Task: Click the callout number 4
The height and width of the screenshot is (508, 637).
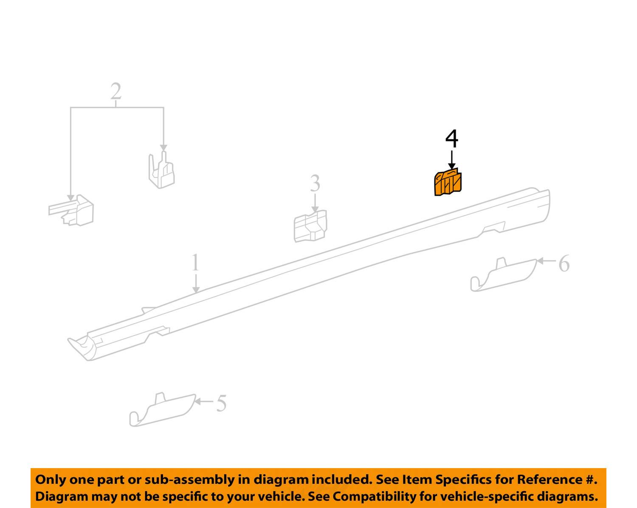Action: coord(452,138)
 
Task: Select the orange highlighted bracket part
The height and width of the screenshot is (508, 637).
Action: coord(448,183)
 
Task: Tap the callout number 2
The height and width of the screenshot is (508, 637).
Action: coord(116,91)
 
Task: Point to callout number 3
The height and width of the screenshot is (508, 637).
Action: coord(315,183)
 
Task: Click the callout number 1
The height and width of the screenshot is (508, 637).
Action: coord(195,262)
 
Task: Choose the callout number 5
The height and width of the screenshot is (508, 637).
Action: coord(221,403)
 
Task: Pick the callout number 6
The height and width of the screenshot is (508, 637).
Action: coord(564,264)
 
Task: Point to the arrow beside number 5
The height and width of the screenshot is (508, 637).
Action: coord(204,401)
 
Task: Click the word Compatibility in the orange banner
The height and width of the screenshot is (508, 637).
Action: coord(365,496)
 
